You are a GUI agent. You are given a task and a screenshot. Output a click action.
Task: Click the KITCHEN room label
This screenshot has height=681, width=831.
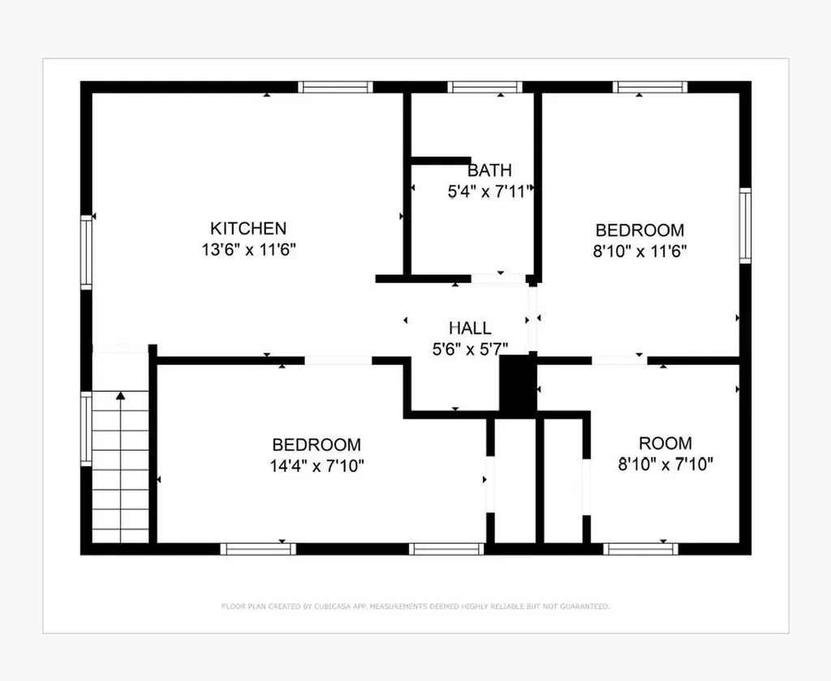[248, 229]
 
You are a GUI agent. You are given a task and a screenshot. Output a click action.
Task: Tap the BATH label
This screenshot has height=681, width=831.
[489, 170]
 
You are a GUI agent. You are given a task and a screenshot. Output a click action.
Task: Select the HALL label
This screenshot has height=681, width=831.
[470, 328]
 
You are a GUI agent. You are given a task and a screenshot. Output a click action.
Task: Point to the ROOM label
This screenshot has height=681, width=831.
[665, 443]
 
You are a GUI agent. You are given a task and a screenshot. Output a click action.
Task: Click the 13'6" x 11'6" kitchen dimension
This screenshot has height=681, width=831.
[248, 250]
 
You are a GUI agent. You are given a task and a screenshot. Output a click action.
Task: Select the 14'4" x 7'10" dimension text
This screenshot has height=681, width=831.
[317, 466]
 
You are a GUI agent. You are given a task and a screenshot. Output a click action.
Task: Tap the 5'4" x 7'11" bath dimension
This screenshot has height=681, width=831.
[489, 191]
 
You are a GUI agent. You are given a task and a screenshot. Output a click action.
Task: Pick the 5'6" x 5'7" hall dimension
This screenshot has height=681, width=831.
[470, 349]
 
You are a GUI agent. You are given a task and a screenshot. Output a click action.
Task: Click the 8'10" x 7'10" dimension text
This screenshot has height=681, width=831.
[665, 465]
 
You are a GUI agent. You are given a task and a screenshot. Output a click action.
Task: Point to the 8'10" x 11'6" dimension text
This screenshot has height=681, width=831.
[639, 251]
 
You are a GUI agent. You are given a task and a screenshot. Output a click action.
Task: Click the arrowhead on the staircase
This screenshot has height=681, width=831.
[121, 395]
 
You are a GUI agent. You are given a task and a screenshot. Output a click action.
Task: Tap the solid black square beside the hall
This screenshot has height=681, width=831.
[518, 383]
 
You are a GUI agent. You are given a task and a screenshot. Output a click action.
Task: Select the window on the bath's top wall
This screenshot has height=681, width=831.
[485, 87]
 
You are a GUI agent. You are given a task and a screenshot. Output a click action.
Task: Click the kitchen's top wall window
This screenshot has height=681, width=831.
[335, 87]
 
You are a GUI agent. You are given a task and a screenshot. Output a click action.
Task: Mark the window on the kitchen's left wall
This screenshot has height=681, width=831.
[86, 252]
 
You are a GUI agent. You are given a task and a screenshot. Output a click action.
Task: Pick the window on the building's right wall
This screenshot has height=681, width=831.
[745, 225]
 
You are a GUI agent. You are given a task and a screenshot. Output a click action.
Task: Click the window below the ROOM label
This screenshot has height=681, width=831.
[641, 549]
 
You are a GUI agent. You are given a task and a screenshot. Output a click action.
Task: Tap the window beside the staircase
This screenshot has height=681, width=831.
[86, 429]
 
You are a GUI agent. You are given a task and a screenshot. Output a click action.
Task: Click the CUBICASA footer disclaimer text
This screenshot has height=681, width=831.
[415, 606]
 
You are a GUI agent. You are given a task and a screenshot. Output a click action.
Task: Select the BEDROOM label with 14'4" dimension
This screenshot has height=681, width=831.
[316, 444]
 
